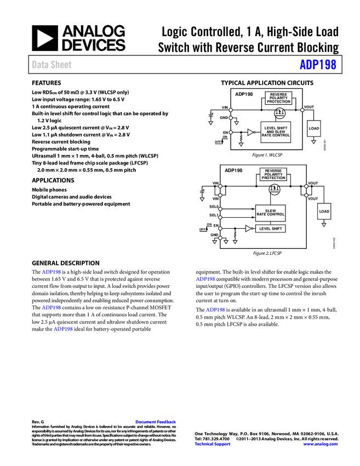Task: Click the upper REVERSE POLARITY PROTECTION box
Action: (x=278, y=98)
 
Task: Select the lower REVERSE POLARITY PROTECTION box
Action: (x=273, y=174)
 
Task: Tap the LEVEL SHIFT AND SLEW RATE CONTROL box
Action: (x=276, y=132)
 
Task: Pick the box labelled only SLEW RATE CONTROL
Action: (x=270, y=213)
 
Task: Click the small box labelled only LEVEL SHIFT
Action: (x=270, y=229)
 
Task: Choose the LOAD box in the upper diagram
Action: (x=313, y=128)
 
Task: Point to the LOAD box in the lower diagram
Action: (x=324, y=211)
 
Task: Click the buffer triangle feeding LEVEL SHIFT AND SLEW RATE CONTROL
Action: (x=250, y=132)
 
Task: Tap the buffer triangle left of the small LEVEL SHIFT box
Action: (x=248, y=229)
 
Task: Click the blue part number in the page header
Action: (x=318, y=65)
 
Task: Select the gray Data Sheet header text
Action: (x=52, y=65)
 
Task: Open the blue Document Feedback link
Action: (x=156, y=422)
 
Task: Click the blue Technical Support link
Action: (x=213, y=444)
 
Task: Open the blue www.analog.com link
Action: (x=321, y=444)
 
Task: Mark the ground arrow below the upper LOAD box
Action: (x=313, y=142)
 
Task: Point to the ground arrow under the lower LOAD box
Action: (x=324, y=225)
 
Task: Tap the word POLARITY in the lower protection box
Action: (x=273, y=174)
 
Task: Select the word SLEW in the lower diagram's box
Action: (x=270, y=211)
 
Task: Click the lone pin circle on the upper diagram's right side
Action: (x=302, y=110)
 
